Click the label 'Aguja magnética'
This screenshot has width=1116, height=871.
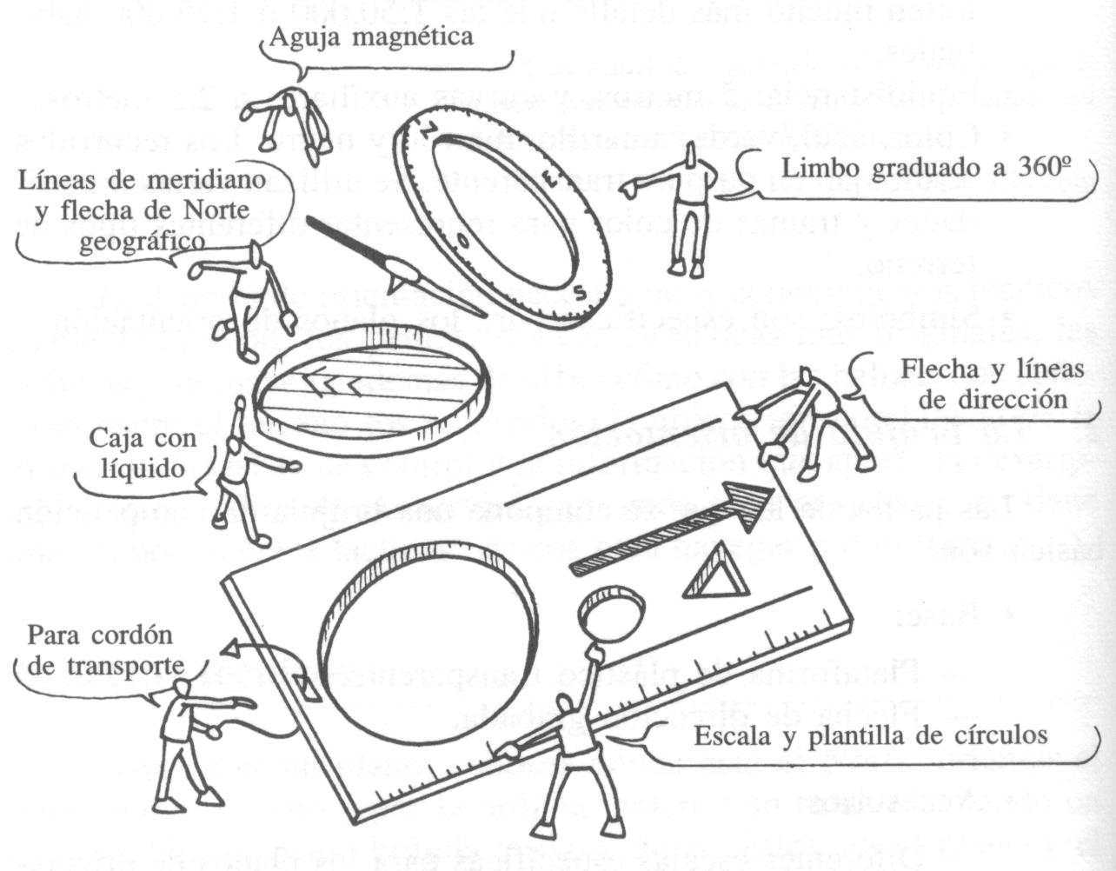click(371, 37)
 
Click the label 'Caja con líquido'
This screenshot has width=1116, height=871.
click(143, 454)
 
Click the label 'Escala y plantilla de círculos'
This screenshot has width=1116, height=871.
click(869, 735)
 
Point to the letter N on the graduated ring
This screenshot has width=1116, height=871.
click(432, 128)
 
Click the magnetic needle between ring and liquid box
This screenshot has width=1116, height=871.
click(394, 265)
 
